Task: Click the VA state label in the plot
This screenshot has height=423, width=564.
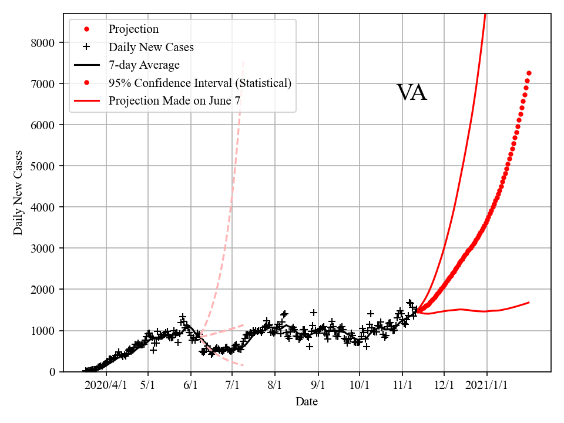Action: coord(411,93)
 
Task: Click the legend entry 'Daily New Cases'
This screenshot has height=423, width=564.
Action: coord(151,47)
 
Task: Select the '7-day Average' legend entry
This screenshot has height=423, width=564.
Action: coord(144,65)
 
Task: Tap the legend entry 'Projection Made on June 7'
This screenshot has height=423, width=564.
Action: coord(174,100)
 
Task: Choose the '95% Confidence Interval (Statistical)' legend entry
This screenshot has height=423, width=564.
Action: coord(200,83)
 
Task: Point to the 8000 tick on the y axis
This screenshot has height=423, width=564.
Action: coord(45,43)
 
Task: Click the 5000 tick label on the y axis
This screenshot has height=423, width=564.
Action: coord(45,166)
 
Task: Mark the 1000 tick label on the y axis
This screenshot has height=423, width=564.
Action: coord(45,331)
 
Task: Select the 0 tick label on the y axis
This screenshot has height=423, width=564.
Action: coord(52,372)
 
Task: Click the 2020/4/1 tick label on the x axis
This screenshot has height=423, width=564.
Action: coord(106,385)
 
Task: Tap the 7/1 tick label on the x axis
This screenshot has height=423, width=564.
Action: coord(232,385)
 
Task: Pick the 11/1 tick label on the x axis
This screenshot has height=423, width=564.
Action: coord(402,385)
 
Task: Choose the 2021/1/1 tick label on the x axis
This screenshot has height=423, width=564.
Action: coord(486,385)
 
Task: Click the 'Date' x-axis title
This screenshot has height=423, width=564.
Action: coord(307,402)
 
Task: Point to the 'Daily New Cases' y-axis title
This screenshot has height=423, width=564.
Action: coord(18,193)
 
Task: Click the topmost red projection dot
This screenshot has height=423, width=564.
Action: coord(529,73)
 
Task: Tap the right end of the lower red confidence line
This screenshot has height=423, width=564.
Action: coord(529,303)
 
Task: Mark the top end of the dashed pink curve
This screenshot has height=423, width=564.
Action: coord(243,61)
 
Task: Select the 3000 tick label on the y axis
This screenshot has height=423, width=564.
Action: coord(45,249)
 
